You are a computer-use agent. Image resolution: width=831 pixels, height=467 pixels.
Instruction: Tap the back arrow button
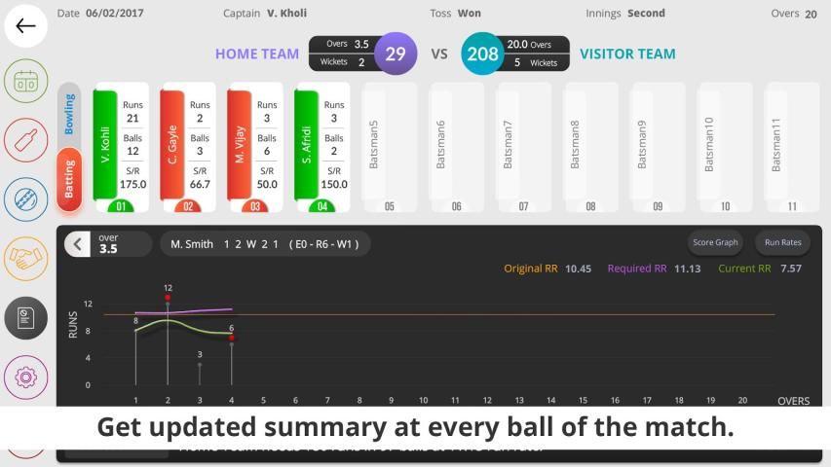pos(26,26)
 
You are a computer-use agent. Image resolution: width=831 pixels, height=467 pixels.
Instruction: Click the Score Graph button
pos(714,242)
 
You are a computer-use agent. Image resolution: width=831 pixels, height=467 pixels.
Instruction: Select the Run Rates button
pos(782,242)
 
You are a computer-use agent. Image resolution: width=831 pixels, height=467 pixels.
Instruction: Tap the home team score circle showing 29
pos(395,54)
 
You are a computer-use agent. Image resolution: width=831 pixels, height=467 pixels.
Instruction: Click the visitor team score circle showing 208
pos(482,54)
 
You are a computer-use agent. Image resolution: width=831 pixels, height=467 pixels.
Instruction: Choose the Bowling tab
pos(69,114)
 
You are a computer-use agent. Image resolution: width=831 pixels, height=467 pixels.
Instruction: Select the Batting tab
pos(69,179)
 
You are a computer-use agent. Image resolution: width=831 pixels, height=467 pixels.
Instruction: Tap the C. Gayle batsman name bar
pos(172,144)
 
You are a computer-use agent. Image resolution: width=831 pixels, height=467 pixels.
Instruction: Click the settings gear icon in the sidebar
pos(26,377)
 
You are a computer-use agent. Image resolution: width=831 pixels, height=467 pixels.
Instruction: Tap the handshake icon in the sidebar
pos(26,258)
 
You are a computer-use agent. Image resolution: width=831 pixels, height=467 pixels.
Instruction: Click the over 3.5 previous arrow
pos(78,244)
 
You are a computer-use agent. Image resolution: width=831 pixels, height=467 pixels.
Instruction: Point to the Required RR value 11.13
pos(687,269)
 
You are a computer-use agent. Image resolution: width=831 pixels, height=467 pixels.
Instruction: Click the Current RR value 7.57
pos(790,269)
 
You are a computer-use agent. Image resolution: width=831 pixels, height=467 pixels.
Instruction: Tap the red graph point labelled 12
pos(168,298)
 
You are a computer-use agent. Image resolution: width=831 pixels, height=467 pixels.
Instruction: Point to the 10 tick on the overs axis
pos(423,400)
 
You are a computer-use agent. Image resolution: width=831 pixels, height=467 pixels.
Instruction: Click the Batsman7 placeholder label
pos(508,144)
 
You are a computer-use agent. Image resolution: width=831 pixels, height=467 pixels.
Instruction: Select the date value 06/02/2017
pos(113,14)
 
